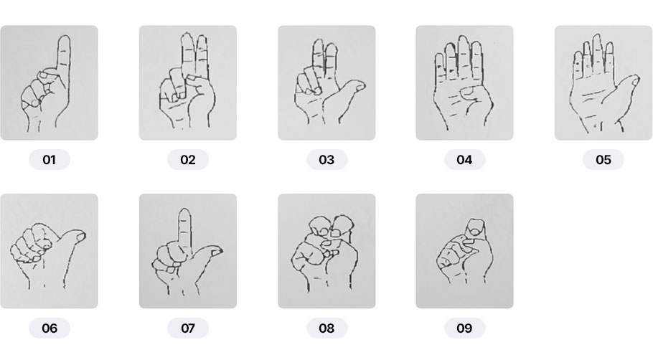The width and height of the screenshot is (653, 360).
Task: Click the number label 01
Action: point(49,160)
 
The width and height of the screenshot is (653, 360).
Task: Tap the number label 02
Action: point(188,160)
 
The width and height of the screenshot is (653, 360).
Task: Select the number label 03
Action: point(326,160)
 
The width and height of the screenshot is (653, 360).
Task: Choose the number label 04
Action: point(464,160)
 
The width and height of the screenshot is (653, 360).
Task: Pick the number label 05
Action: point(603,160)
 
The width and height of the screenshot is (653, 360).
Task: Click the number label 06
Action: point(49,328)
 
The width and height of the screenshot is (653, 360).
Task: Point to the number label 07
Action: point(188,328)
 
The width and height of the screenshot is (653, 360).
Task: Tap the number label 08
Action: point(326,328)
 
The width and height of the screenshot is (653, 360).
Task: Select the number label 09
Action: point(464,328)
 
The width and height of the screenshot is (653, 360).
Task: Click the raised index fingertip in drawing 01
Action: point(64,37)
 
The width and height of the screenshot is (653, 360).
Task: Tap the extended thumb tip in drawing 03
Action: point(361,86)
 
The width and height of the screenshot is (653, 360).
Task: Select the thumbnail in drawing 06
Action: point(80,237)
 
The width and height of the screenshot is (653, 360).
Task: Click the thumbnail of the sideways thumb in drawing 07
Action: point(216,252)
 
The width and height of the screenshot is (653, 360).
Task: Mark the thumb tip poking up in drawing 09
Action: point(475,227)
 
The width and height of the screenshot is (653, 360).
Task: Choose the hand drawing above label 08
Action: point(325,252)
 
